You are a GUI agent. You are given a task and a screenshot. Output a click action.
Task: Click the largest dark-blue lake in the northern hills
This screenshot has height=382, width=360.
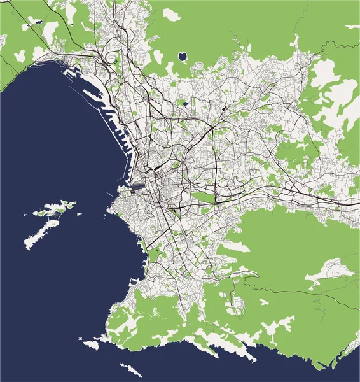pos(183,57)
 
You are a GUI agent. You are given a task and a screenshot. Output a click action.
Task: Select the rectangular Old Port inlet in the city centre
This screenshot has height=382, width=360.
pos(139,187)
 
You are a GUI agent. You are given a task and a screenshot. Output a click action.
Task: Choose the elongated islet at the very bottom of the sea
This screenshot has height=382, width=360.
pos(130,370)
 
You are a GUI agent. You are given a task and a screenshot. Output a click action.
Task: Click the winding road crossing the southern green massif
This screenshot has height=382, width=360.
pos(286,290)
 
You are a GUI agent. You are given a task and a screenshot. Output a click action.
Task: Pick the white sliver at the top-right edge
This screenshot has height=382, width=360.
pos(352,27)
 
